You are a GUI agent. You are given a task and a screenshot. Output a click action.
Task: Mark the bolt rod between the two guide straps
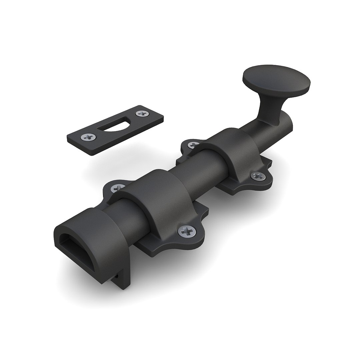pyautogui.click(x=193, y=173)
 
